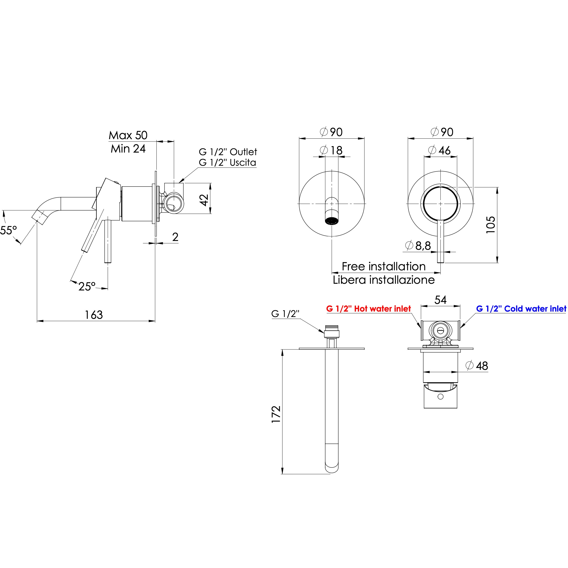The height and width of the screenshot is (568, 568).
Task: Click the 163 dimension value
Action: click(x=94, y=315)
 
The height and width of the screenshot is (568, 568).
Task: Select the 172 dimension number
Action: click(x=276, y=415)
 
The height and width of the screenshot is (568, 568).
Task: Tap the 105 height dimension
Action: click(x=490, y=225)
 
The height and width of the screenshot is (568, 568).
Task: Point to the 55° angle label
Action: click(x=8, y=230)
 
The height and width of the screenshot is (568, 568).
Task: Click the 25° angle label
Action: click(x=87, y=286)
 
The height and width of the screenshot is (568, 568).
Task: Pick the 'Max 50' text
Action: click(x=128, y=135)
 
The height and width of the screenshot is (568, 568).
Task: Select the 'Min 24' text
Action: click(x=128, y=149)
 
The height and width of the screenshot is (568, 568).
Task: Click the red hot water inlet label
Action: click(x=368, y=309)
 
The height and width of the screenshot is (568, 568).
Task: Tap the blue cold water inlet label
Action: click(x=521, y=309)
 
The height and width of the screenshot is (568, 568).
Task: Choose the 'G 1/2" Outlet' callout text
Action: click(x=228, y=152)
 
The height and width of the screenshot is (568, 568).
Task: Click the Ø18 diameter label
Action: click(x=331, y=150)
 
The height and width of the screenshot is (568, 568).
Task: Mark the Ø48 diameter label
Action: click(x=477, y=366)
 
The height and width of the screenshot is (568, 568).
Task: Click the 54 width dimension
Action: click(x=440, y=300)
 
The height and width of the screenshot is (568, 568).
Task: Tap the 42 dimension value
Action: click(x=204, y=200)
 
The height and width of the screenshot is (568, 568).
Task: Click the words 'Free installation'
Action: click(x=384, y=266)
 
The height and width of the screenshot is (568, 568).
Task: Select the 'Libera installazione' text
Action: click(x=384, y=280)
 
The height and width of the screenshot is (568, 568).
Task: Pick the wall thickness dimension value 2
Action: click(x=175, y=237)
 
